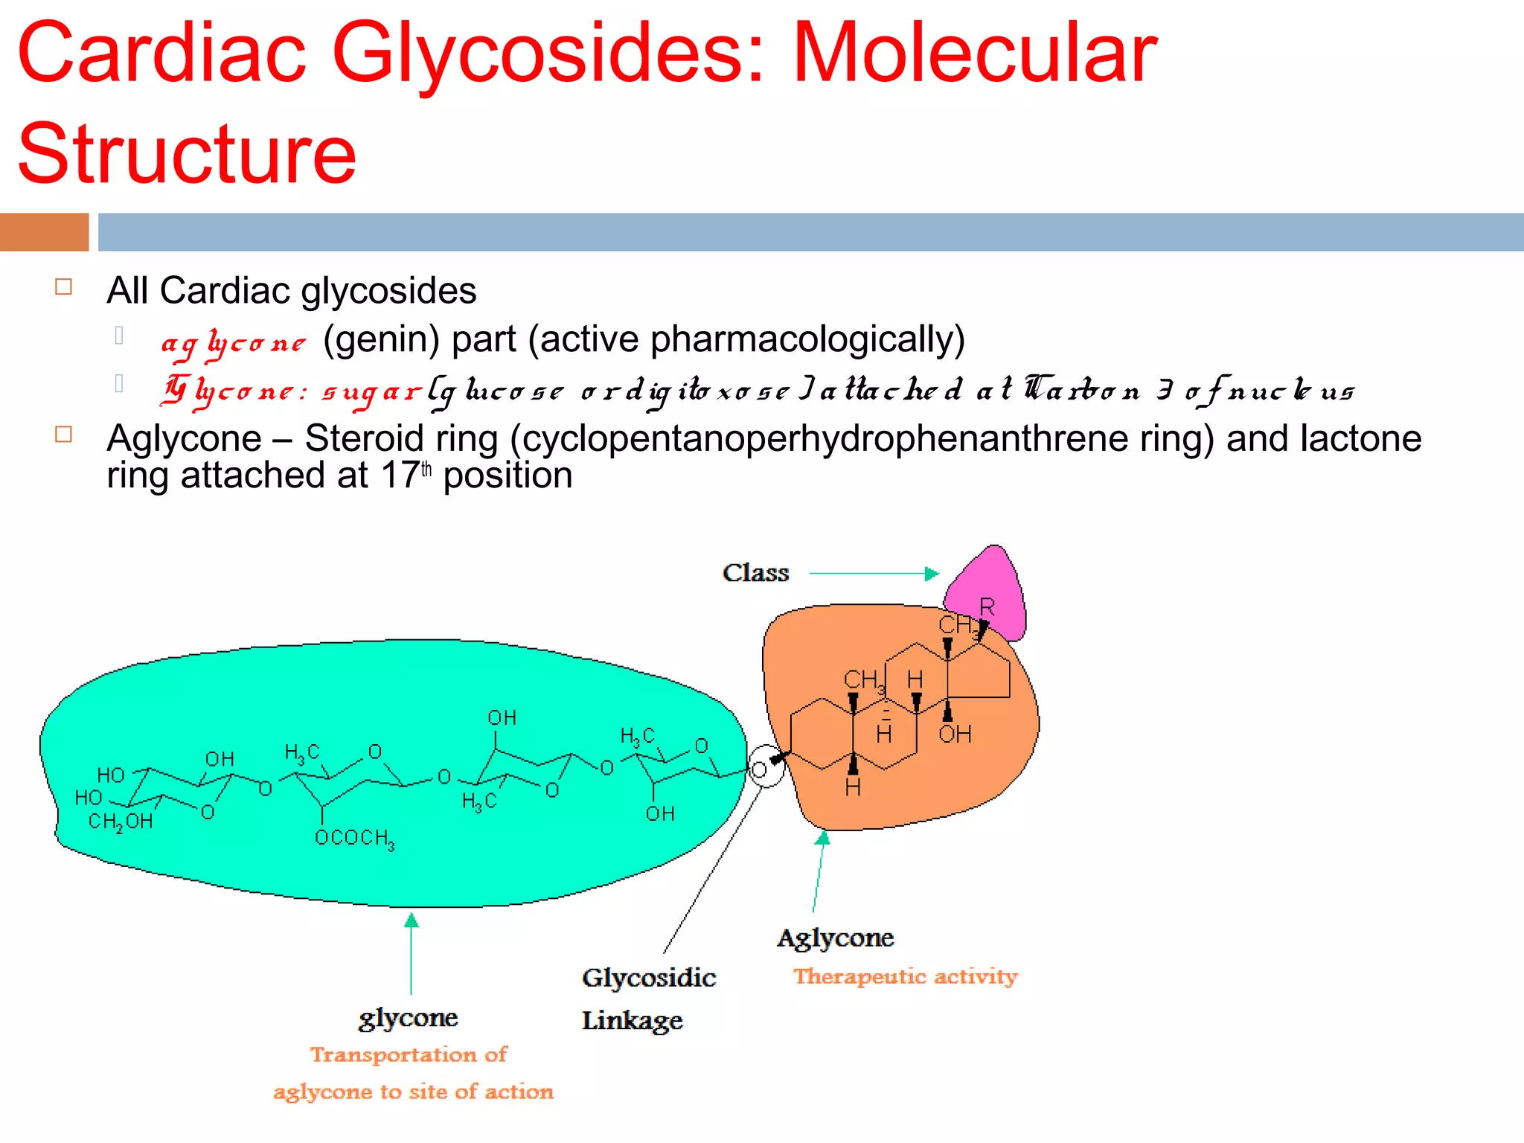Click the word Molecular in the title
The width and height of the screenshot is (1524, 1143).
[x=974, y=54]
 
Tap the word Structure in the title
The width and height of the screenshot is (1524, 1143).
[x=187, y=154]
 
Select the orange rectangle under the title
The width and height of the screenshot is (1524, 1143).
[x=44, y=232]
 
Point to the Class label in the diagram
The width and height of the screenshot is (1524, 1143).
[x=755, y=573]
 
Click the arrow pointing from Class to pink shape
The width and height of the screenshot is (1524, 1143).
[x=874, y=574]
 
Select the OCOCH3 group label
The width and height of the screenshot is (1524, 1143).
[x=354, y=839]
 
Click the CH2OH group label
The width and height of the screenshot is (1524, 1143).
[x=121, y=822]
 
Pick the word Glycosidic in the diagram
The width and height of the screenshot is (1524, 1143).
[x=649, y=978]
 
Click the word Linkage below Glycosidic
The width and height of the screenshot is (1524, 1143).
[x=632, y=1021]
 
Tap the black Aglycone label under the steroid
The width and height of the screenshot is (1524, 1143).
[x=835, y=938]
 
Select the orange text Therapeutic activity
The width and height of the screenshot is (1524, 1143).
[x=905, y=976]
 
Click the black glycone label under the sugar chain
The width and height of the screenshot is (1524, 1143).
[x=408, y=1018]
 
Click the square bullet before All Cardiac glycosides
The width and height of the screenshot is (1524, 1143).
[x=64, y=287]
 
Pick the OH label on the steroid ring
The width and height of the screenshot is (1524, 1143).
[x=955, y=735]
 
